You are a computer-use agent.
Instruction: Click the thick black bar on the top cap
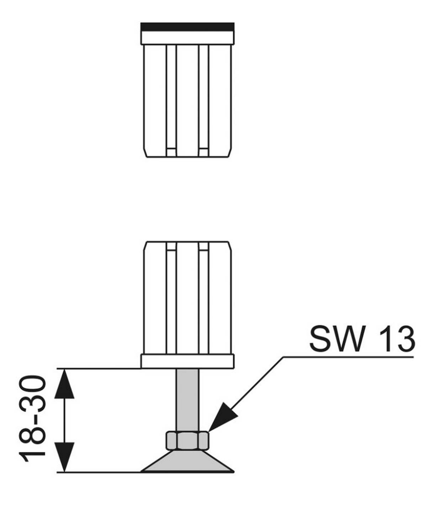[187, 27]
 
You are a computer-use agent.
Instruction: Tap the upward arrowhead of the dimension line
[64, 384]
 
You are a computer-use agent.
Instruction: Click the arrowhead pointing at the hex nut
[222, 417]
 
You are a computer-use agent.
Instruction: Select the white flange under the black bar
[187, 38]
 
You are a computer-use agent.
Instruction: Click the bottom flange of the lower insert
[187, 361]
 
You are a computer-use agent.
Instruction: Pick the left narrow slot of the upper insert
[171, 100]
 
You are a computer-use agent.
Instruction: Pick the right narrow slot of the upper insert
[204, 100]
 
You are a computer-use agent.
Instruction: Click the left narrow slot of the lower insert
[171, 298]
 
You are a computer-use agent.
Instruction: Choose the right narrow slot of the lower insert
[204, 298]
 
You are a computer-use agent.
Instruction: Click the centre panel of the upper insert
[187, 100]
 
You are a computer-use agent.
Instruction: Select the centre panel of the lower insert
[187, 298]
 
